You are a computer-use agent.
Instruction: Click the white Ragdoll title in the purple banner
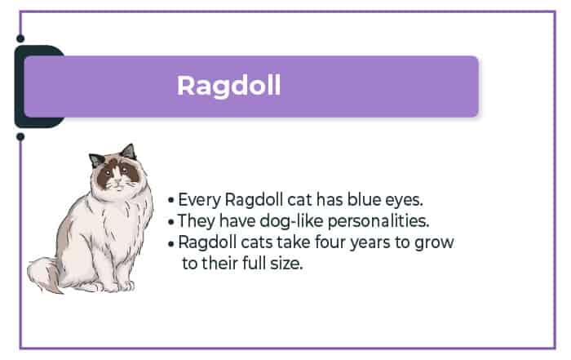pyautogui.click(x=228, y=87)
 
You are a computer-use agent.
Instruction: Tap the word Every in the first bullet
pyautogui.click(x=200, y=200)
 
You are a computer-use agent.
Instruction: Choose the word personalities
pyautogui.click(x=378, y=221)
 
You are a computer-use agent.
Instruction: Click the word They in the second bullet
pyautogui.click(x=197, y=221)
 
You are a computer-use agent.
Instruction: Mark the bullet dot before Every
pyautogui.click(x=171, y=200)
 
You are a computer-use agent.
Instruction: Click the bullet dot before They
pyautogui.click(x=171, y=221)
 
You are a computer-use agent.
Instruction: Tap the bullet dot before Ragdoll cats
pyautogui.click(x=171, y=243)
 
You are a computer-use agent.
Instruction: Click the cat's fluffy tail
pyautogui.click(x=44, y=274)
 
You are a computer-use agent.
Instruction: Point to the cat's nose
pyautogui.click(x=117, y=180)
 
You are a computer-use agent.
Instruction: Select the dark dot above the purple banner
pyautogui.click(x=20, y=38)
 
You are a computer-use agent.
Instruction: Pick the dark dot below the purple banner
pyautogui.click(x=20, y=136)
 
